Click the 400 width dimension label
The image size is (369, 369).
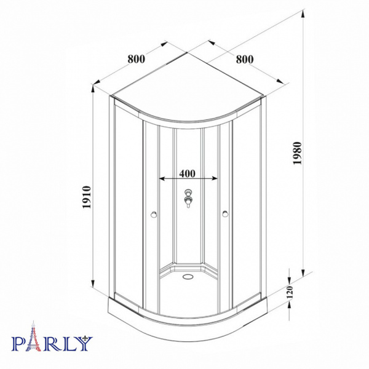189,172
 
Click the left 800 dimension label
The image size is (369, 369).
136,59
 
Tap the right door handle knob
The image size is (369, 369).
226,214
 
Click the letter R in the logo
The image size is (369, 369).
52,343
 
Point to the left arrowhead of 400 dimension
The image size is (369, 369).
162,179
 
